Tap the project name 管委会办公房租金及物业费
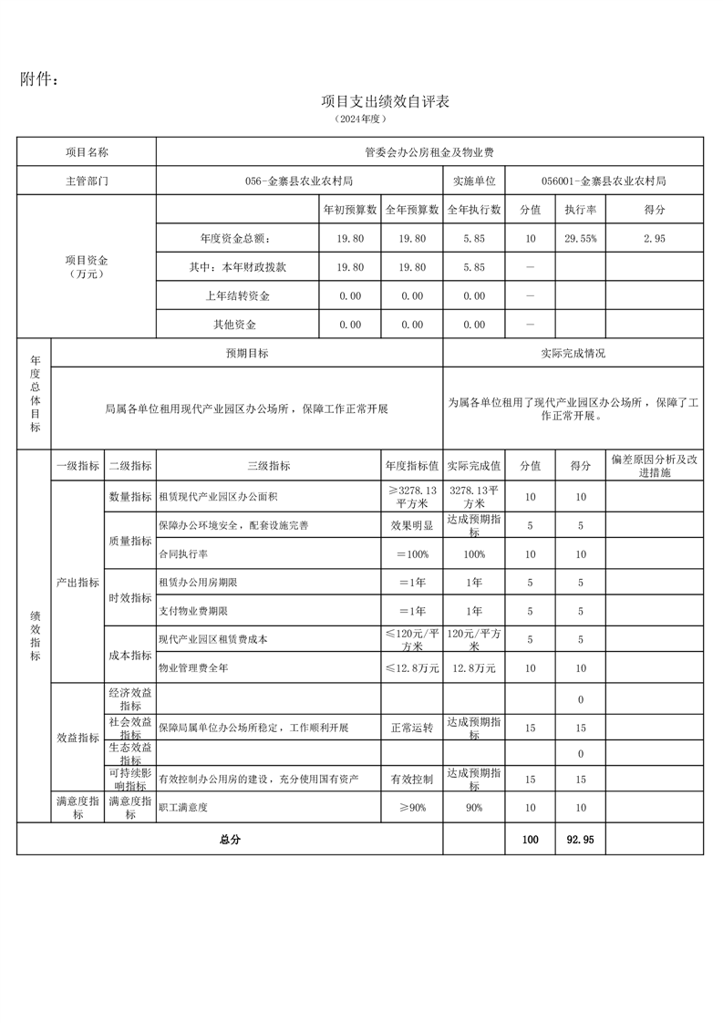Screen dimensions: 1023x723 tap(429, 152)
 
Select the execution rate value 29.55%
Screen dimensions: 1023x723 tap(580, 238)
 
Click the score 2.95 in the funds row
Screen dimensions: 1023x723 tap(655, 238)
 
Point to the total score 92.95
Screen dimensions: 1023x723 tap(580, 840)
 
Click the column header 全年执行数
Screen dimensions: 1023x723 tap(474, 210)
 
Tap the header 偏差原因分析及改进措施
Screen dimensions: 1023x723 tap(654, 466)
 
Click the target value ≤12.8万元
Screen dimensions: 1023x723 tap(412, 668)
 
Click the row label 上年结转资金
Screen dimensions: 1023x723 tap(238, 295)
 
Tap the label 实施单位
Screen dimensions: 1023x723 tap(474, 181)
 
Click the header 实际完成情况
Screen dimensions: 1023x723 tap(573, 353)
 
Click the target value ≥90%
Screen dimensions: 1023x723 tap(412, 808)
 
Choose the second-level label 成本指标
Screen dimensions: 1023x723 tap(129, 655)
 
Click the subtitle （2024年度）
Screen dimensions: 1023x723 tap(361, 119)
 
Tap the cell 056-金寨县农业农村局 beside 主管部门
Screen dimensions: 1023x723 tap(299, 181)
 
